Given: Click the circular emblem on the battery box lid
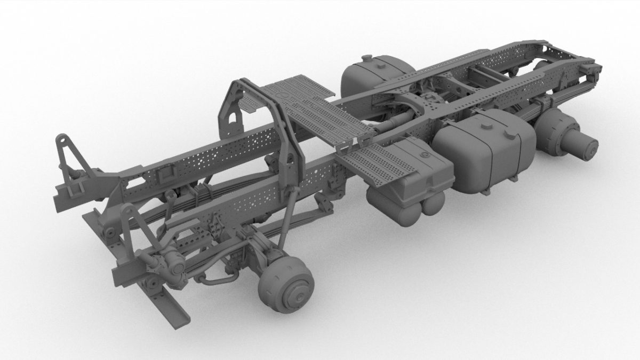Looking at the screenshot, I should pos(425,155).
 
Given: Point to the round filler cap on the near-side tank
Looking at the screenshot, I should pos(485,127).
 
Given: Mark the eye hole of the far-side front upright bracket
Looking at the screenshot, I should pos(63,140).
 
